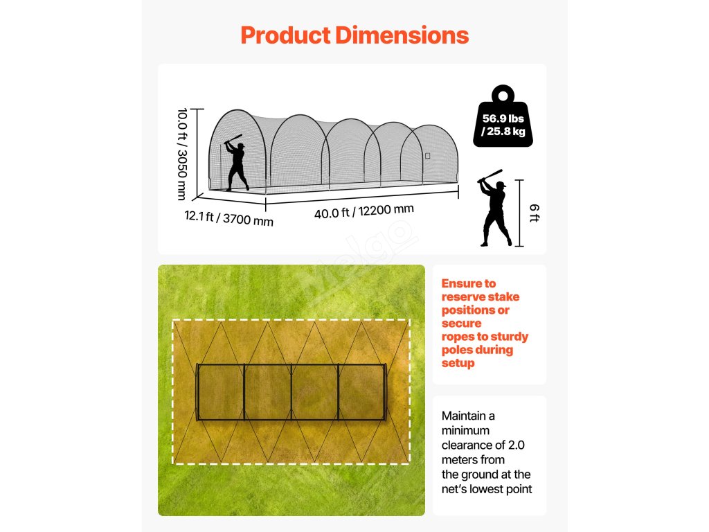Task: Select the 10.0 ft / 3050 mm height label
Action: (x=183, y=152)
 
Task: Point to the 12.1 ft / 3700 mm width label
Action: (x=228, y=218)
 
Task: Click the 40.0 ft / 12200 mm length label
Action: (x=364, y=211)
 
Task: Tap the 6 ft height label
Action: (x=534, y=213)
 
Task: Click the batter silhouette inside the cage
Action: (x=237, y=165)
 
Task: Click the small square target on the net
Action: (x=427, y=156)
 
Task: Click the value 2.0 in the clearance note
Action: (x=516, y=445)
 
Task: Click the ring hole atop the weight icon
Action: (x=503, y=93)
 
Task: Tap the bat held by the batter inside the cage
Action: (x=233, y=139)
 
